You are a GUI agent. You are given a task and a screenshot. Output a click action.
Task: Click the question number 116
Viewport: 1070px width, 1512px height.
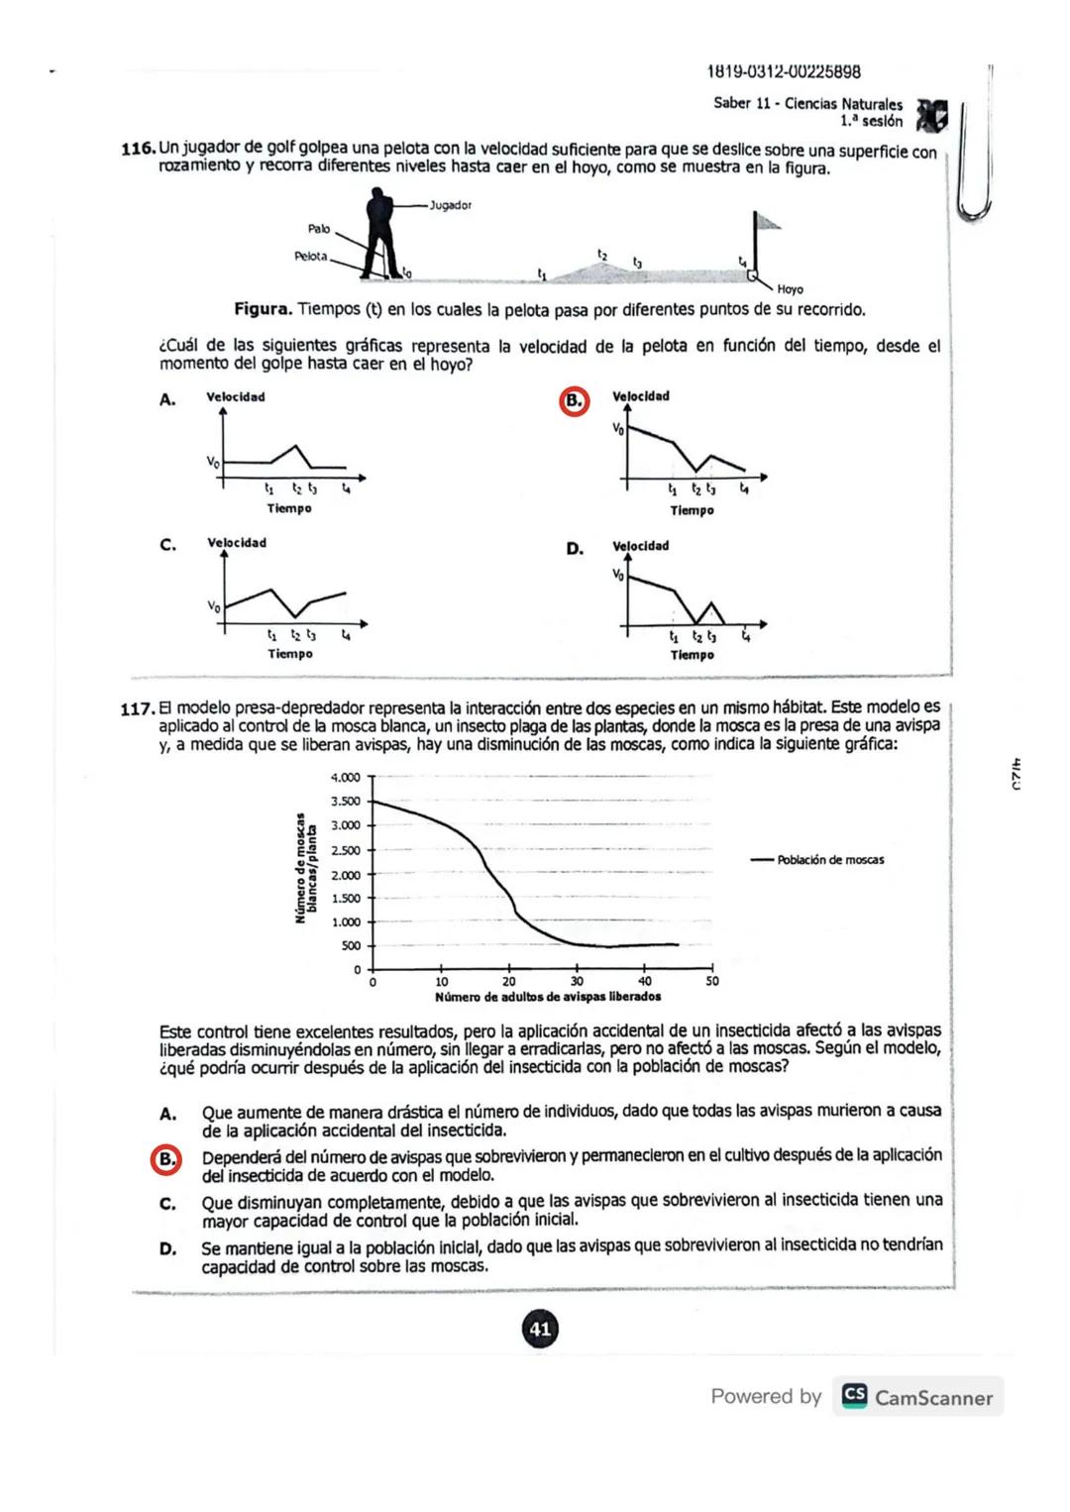tap(138, 150)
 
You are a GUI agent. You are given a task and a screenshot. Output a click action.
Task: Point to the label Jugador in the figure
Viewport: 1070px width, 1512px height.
tap(450, 205)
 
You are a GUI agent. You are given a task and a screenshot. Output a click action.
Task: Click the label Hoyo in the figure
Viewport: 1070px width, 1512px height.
tap(790, 289)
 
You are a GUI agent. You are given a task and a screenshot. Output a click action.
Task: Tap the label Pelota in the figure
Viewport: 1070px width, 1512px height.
tap(310, 257)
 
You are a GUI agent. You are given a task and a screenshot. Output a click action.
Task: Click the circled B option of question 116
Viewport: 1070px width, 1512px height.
tap(574, 400)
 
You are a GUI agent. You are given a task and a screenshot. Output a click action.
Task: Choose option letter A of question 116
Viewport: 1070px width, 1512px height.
tap(167, 399)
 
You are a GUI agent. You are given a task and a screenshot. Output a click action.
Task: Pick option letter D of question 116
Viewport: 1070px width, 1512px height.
tap(575, 548)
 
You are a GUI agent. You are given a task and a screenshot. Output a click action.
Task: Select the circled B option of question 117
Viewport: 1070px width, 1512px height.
tap(166, 1159)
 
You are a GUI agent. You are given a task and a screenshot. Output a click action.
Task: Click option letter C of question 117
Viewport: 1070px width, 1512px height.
tap(167, 1204)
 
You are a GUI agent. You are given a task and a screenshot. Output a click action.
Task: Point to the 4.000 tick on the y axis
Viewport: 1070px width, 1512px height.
tap(345, 778)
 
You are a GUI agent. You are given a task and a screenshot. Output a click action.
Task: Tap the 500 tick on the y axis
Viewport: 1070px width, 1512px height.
tap(351, 946)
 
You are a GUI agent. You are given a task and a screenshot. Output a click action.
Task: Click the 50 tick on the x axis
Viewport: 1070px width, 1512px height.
tap(712, 982)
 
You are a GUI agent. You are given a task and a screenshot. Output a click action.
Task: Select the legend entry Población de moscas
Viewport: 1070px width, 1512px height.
tap(830, 860)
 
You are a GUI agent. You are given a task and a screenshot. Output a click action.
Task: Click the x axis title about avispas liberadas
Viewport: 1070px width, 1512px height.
tap(548, 997)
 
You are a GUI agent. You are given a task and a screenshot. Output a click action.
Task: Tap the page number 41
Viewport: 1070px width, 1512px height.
tap(540, 1329)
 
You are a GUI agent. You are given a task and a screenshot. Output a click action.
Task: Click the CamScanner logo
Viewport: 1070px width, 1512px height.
tap(855, 1396)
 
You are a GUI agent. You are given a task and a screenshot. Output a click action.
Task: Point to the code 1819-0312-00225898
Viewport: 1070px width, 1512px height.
tap(783, 71)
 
